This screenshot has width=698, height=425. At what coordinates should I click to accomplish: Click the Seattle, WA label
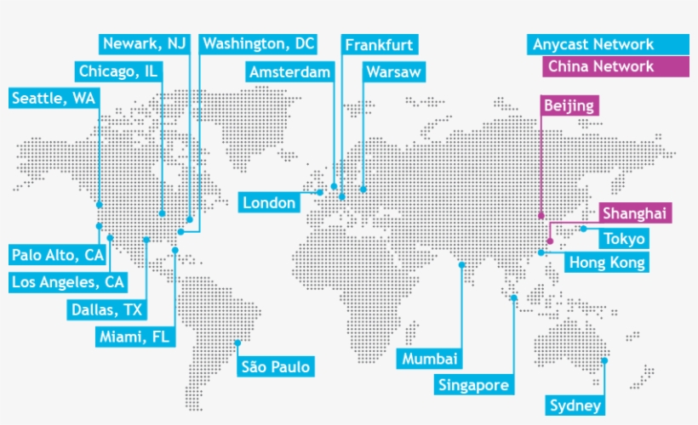[x=53, y=98]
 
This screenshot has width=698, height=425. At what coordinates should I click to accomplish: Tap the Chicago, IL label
[x=118, y=71]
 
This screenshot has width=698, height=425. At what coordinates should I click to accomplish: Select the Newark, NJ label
[x=143, y=43]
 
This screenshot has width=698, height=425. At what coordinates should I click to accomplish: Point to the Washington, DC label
[x=258, y=43]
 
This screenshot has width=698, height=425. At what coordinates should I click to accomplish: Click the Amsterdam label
[x=289, y=72]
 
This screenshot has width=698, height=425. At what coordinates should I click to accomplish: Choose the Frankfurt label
[x=379, y=44]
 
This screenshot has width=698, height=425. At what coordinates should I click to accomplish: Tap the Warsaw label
[x=393, y=72]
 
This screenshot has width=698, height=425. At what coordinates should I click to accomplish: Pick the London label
[x=270, y=202]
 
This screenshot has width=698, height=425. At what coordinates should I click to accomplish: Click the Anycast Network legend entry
[x=593, y=44]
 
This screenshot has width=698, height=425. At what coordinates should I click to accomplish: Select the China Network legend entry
[x=601, y=66]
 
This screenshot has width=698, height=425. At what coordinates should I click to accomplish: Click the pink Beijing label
[x=570, y=105]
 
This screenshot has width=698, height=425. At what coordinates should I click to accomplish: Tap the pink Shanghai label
[x=633, y=213]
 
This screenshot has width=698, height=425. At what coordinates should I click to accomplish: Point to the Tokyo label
[x=624, y=239]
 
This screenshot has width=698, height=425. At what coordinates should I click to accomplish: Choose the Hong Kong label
[x=606, y=263]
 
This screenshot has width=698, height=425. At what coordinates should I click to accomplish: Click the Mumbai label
[x=431, y=359]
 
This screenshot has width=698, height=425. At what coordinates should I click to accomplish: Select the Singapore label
[x=474, y=385]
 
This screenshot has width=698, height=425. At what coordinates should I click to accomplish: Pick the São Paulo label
[x=275, y=367]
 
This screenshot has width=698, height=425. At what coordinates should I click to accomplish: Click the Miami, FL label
[x=134, y=337]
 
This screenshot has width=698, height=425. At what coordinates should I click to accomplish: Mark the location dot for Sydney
[x=605, y=360]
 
